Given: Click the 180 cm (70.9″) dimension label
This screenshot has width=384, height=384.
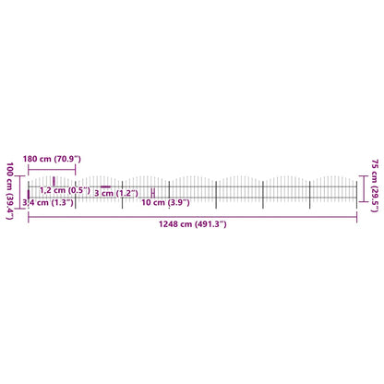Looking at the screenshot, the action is tap(52, 159).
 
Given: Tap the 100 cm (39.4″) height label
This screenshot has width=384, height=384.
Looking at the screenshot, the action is tap(10, 191).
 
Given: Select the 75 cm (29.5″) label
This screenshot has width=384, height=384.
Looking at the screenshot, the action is tap(375, 186).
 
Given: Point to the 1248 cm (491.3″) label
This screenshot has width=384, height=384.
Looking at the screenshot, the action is tap(193, 224).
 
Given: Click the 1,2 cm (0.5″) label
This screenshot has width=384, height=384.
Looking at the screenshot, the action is tap(65, 190).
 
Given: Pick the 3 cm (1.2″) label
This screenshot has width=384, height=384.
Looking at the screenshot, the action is tap(116, 193).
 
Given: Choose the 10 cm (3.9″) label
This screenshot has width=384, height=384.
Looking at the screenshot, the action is tap(165, 202).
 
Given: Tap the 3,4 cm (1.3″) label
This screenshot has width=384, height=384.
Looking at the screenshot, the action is tap(48, 202).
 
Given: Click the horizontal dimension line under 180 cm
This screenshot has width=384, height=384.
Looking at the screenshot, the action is tap(52, 169).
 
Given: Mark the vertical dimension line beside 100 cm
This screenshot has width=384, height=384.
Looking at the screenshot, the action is tap(20, 192).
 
